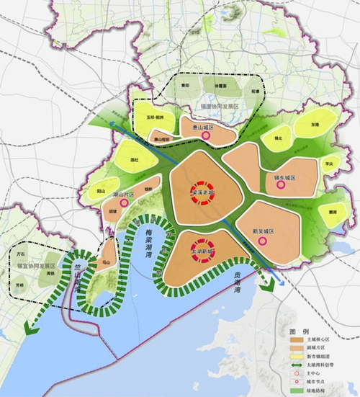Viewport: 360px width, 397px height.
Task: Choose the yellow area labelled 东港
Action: click(x=314, y=124)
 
